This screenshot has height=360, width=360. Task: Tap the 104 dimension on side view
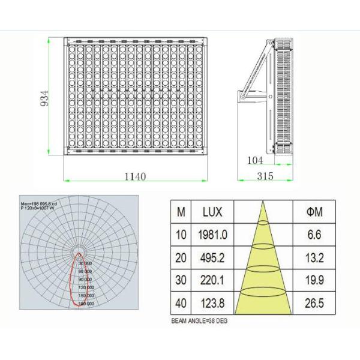coord(256,160)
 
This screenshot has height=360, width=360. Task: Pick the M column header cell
coord(181,211)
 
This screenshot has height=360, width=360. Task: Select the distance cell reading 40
coord(181,303)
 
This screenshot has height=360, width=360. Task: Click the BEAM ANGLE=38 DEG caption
coord(199,322)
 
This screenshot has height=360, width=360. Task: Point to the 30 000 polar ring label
coord(84,263)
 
